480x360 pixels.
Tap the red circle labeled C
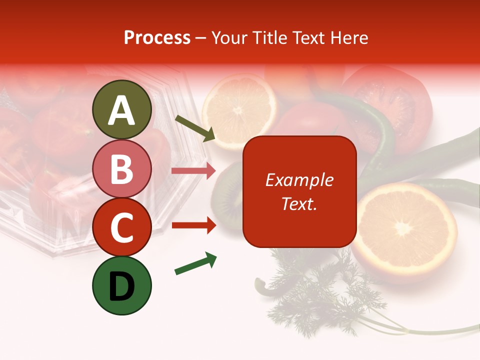point(121,227)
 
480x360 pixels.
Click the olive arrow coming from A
point(195,128)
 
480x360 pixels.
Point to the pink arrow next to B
point(193,171)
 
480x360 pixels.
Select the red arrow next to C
point(193,225)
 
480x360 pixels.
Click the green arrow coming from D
point(195,263)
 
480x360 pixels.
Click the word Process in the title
point(157,38)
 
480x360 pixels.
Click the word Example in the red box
point(299,180)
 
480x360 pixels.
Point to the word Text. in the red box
point(299,203)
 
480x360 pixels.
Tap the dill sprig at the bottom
point(320,295)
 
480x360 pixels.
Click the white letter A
point(121,110)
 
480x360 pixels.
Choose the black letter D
point(121,287)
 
